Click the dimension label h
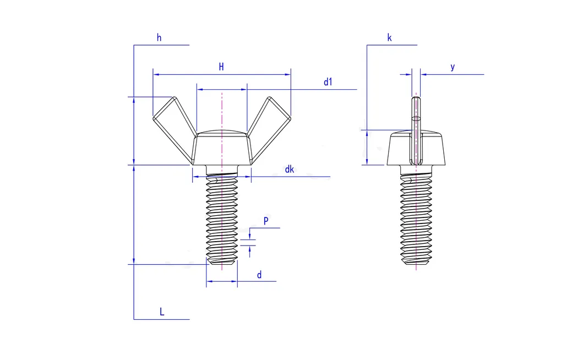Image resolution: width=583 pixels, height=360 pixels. [x=159, y=38]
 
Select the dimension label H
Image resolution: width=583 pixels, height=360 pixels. [x=221, y=67]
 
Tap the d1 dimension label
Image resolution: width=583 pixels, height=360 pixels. [x=328, y=82]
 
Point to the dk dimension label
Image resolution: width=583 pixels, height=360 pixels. [x=289, y=170]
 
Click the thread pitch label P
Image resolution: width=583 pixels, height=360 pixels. [x=266, y=221]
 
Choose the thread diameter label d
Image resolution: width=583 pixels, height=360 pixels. [x=259, y=275]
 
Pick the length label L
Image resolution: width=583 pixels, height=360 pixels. [x=162, y=312]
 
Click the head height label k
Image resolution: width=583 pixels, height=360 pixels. [x=389, y=38]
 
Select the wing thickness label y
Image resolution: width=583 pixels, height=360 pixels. [x=453, y=67]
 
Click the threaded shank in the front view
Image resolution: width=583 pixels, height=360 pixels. [x=222, y=220]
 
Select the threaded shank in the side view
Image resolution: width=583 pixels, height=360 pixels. [x=416, y=220]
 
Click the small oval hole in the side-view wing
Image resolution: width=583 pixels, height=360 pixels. [x=416, y=117]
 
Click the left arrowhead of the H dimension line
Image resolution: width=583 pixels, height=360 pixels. [x=156, y=74]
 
